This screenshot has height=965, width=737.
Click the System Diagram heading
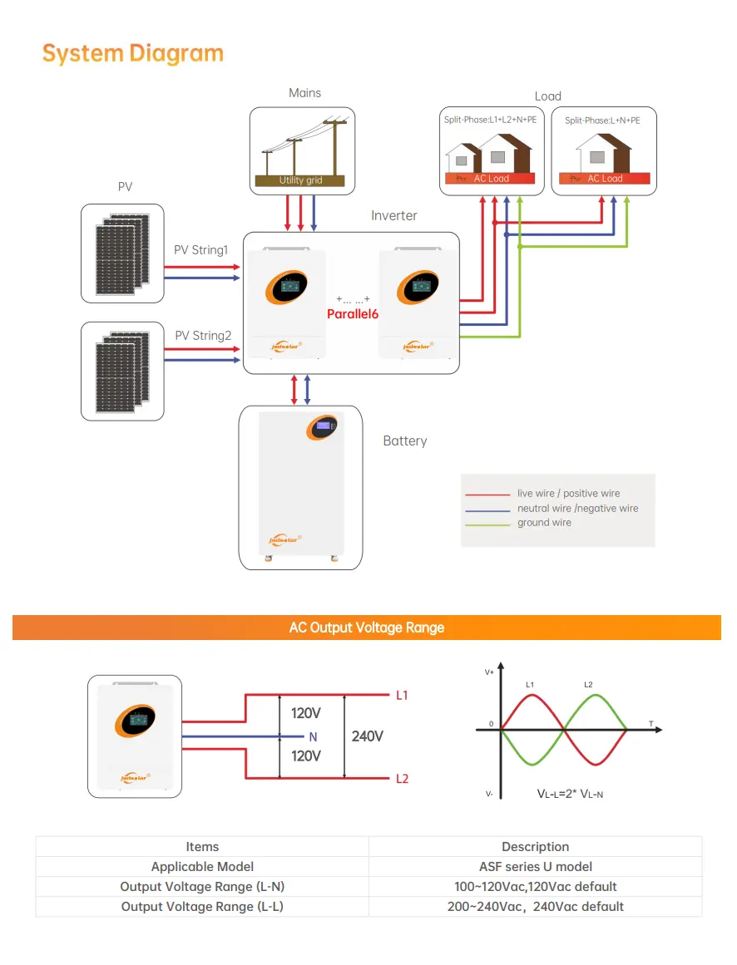pos(133,53)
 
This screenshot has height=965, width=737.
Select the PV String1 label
pos(200,250)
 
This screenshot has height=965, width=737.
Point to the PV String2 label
pos(203,336)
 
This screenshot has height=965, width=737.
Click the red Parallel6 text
pos(353,313)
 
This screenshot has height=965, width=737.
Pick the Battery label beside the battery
pos(404,441)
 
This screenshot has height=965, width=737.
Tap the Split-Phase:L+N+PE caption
pos(602,121)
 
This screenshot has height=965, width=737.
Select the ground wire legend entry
pos(544,523)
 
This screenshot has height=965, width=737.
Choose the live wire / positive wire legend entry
pos(568,494)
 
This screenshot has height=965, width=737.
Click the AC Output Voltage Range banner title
pos(367,628)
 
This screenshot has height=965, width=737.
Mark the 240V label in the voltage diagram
pos(368,736)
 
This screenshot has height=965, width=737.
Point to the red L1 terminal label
pos(402,695)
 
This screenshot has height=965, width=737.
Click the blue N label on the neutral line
pos(313,736)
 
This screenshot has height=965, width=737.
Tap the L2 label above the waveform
pos(588,684)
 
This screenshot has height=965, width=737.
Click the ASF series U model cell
pos(535,866)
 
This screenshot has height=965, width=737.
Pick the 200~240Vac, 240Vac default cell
pos(535,906)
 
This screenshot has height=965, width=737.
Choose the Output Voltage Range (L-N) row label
pos(202,886)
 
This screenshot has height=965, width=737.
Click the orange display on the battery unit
pos(322,427)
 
